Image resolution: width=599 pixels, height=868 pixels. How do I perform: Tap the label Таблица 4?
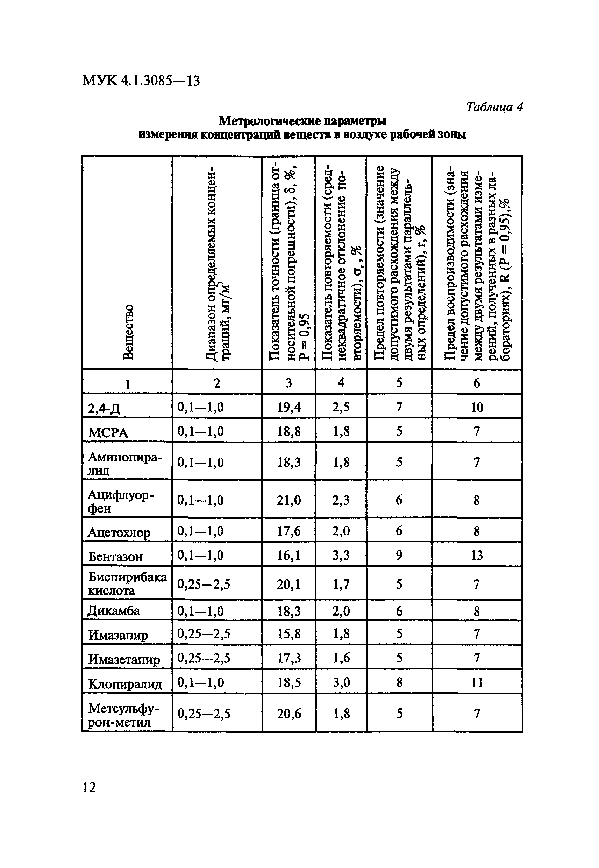point(494,107)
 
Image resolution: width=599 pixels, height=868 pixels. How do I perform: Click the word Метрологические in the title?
point(270,121)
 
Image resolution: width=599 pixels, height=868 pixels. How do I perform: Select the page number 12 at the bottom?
point(89,787)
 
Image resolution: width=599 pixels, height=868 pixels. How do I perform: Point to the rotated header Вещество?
point(128,332)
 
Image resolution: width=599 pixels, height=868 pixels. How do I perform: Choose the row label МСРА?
point(108,433)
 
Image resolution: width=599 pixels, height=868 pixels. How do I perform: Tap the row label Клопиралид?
point(125,684)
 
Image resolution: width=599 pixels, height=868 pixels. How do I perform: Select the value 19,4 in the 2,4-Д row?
point(288,407)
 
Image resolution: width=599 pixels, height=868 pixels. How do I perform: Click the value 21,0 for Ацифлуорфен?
point(288,500)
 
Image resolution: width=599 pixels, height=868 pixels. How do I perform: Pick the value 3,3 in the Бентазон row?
point(341,555)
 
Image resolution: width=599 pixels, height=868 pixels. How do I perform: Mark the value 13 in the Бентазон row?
point(477,555)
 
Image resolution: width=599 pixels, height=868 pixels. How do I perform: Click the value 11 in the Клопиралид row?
point(477,682)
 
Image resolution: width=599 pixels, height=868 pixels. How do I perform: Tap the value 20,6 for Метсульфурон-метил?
point(288,714)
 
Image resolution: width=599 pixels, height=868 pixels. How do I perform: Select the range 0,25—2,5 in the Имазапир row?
point(204,634)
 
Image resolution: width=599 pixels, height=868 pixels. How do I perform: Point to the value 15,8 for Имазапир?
point(288,634)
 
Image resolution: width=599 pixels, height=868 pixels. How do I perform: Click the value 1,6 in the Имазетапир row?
point(341,658)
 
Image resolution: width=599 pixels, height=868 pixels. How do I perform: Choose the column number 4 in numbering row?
point(341,382)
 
